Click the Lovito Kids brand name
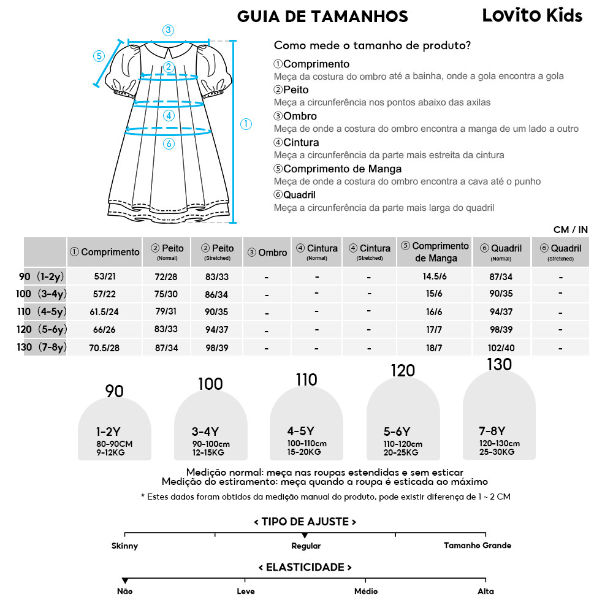[532, 15]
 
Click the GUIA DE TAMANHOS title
[322, 16]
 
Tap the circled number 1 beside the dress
[246, 124]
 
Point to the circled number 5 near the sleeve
[99, 56]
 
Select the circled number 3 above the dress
[168, 30]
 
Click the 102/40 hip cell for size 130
[500, 348]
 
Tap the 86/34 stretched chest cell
[216, 294]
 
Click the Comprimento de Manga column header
[435, 252]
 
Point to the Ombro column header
[267, 253]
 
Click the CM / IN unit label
[570, 230]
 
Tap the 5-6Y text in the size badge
[397, 432]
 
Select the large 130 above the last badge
[499, 365]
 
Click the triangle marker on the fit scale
[305, 536]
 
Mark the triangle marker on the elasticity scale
[125, 581]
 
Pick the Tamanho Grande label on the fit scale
[477, 546]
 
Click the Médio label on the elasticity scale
[366, 592]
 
